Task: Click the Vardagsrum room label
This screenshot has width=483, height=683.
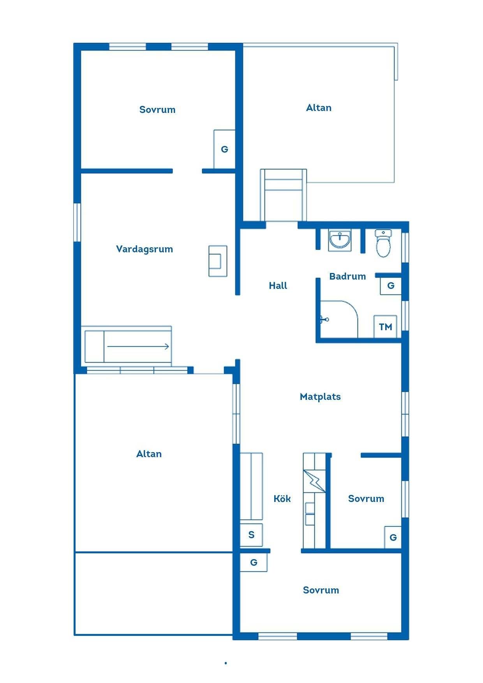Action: coord(145,249)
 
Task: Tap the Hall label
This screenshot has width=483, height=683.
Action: coord(278,285)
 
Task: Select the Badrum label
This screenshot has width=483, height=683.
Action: coord(347,276)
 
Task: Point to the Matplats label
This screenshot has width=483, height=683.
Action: coord(320,397)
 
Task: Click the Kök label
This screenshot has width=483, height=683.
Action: coord(282,498)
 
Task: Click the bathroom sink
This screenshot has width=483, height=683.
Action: coord(340,240)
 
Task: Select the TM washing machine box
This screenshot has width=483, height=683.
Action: coord(386,326)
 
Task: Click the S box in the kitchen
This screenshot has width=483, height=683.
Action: coord(251,535)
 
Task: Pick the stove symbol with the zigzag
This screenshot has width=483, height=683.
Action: coord(314,481)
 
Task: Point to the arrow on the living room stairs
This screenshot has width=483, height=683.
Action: coord(138,346)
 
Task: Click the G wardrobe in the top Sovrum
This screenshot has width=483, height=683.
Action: coord(224,149)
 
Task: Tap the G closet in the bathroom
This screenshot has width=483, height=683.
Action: coord(391,286)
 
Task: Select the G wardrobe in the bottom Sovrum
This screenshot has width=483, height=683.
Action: coord(254,562)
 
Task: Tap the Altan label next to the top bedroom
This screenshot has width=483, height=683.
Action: coord(319,108)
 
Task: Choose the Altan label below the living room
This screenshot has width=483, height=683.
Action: coord(149,454)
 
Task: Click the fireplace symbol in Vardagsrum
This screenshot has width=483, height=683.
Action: coord(218,261)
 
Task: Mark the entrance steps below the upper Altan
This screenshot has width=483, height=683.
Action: coord(283,195)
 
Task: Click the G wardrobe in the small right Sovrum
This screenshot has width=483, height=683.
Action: coord(393,537)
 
